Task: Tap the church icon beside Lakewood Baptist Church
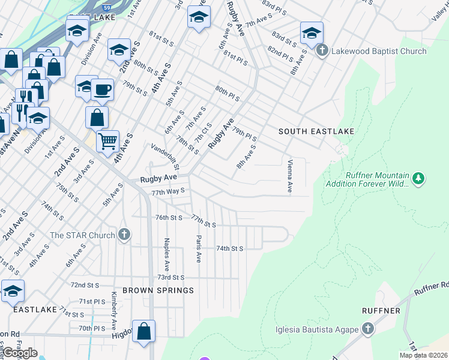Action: tap(322, 51)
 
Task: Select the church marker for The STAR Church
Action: tap(124, 235)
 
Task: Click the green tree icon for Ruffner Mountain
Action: tap(419, 178)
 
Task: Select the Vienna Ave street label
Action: tap(290, 176)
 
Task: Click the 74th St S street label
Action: tap(229, 248)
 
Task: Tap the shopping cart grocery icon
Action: tap(107, 142)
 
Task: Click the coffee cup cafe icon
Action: tap(102, 89)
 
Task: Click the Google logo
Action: tap(20, 353)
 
